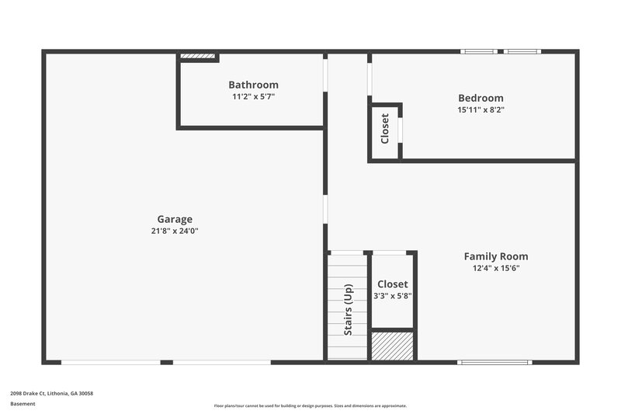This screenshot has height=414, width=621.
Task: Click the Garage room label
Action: (x=175, y=219)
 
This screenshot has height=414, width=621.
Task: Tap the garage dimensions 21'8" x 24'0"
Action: (x=175, y=231)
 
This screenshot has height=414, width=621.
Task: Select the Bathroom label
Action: (x=253, y=85)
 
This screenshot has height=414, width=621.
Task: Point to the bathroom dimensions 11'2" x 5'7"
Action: (x=253, y=96)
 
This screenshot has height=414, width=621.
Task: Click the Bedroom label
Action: (x=480, y=98)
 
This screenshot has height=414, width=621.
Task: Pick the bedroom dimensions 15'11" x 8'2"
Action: (x=480, y=110)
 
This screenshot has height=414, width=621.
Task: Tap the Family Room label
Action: (x=496, y=256)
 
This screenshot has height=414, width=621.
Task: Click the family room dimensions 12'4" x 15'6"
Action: (x=496, y=268)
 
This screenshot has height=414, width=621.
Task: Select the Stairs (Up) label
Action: (x=348, y=310)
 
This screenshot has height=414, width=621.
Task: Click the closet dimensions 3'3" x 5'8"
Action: (x=393, y=295)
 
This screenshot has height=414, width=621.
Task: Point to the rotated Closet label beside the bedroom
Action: (x=385, y=129)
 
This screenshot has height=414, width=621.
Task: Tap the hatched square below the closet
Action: (x=392, y=346)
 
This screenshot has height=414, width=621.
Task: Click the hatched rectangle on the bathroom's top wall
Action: (x=197, y=56)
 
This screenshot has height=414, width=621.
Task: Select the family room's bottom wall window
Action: (x=494, y=362)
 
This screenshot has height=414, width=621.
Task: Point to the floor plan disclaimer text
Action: (x=310, y=405)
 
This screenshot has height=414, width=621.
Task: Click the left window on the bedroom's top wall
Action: (x=479, y=52)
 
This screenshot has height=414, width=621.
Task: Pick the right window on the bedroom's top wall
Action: (x=522, y=52)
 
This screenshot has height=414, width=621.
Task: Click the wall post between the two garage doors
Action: (x=166, y=362)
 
